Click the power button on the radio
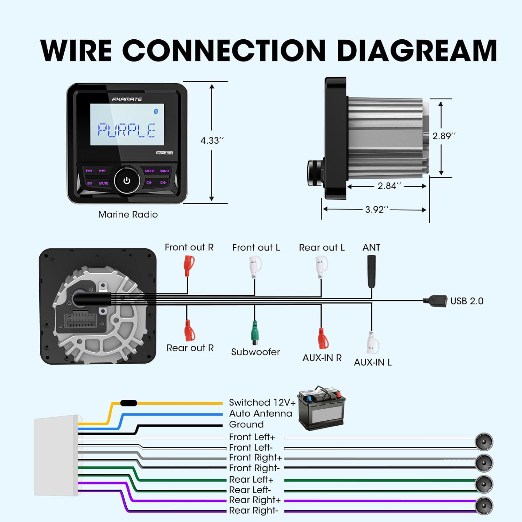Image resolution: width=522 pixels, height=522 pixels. [127, 181]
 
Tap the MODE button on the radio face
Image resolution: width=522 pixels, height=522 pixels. [150, 171]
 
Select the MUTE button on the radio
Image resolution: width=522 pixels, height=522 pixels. [103, 183]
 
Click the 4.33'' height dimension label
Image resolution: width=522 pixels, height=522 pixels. [212, 141]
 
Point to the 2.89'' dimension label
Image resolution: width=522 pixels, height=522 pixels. [444, 136]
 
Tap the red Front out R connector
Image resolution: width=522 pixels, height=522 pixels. [189, 266]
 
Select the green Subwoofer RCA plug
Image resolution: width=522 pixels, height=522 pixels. [255, 333]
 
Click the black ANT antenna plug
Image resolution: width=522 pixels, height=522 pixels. [371, 271]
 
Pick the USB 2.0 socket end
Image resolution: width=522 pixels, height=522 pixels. [436, 301]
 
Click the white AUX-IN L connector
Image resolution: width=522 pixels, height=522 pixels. [372, 343]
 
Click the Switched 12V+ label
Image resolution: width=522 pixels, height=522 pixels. [262, 403]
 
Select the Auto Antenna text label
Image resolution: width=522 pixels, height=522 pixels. [260, 413]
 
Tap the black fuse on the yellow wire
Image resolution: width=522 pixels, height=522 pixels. [128, 403]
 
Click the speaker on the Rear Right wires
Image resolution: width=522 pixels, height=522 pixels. [484, 506]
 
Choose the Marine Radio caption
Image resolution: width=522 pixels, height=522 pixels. [128, 214]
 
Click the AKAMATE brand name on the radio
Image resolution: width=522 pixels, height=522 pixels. [127, 99]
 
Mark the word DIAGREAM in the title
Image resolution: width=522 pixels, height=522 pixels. [417, 51]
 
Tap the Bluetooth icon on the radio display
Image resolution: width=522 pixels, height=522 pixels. [156, 111]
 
